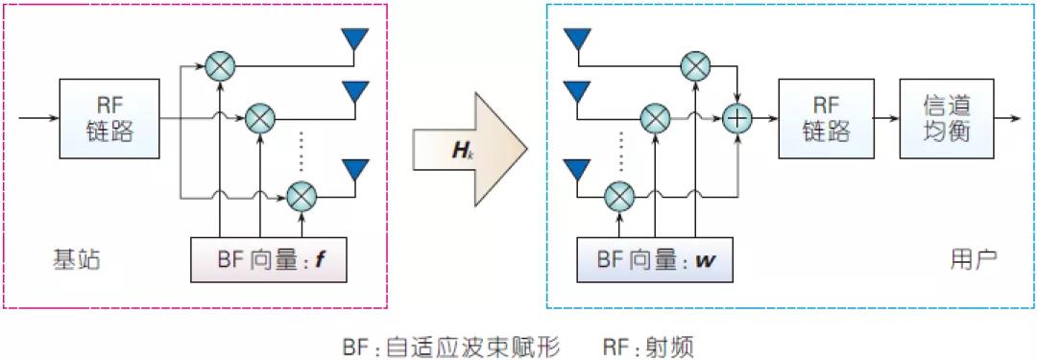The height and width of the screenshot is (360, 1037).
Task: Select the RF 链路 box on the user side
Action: (x=827, y=118)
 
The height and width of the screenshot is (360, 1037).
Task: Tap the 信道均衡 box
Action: (x=946, y=118)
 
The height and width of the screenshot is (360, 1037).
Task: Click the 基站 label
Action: (x=76, y=259)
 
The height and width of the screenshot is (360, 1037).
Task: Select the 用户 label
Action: (x=973, y=259)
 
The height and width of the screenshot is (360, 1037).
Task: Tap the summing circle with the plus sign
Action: (x=736, y=118)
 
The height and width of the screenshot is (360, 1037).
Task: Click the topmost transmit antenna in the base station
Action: (x=355, y=39)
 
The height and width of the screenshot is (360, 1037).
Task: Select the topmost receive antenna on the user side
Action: (x=576, y=39)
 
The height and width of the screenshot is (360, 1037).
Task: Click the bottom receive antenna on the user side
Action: (x=576, y=170)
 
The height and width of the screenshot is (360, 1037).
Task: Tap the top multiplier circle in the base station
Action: (x=221, y=66)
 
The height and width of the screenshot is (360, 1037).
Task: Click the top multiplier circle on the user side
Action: (x=694, y=65)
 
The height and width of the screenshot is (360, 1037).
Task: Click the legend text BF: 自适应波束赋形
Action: (x=450, y=343)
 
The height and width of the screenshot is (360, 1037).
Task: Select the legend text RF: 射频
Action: (x=648, y=343)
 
